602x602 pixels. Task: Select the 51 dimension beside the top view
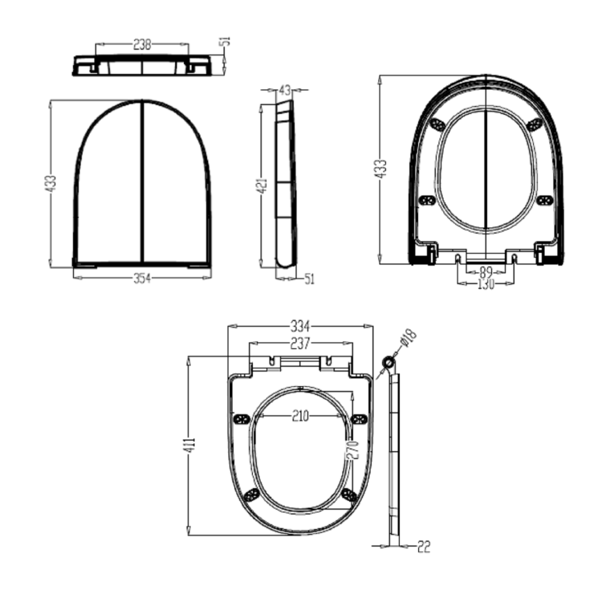click(226, 41)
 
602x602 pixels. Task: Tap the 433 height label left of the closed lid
click(50, 184)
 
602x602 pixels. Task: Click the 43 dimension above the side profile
click(285, 90)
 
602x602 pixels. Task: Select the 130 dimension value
click(486, 283)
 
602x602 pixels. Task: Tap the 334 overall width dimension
click(300, 327)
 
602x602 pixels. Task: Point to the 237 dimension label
click(300, 344)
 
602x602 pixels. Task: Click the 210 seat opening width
click(301, 415)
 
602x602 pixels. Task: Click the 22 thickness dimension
click(424, 547)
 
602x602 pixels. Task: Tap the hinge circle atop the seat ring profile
click(388, 364)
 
